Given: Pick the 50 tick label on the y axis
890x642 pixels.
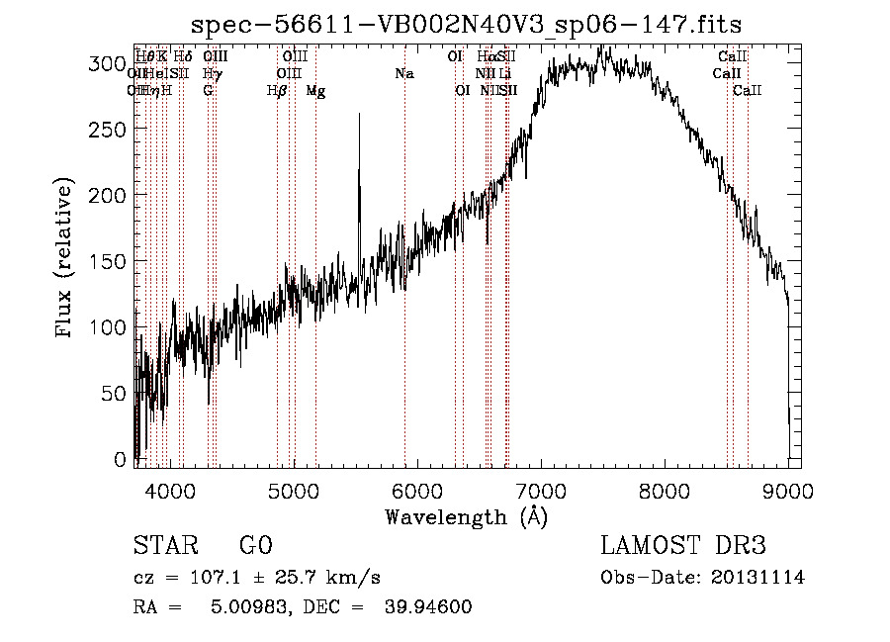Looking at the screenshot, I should point(116,394).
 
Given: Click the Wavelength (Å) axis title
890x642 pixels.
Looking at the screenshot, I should point(466,516).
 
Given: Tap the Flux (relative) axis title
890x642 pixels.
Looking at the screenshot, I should point(66,259).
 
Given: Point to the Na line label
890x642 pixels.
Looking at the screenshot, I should point(403,73).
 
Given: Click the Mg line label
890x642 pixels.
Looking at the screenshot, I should point(315,91).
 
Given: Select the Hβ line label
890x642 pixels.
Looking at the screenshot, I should point(277,91).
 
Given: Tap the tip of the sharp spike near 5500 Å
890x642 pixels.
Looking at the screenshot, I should point(359,114).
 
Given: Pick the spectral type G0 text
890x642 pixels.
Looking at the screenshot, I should point(255,546).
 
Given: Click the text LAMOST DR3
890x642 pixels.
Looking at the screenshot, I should point(683,546).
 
